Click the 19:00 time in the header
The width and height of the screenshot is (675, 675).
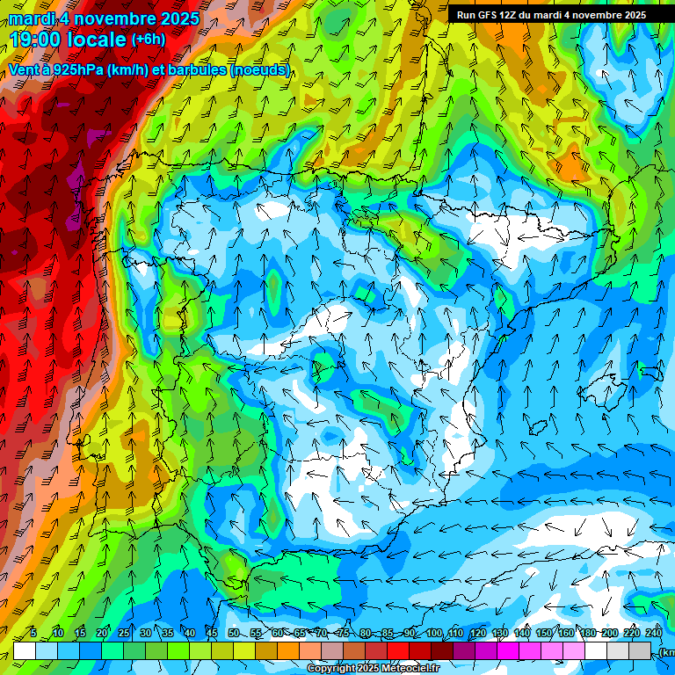(36, 40)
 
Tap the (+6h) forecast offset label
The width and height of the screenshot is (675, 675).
(148, 40)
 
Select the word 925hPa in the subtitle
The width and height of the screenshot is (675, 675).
(76, 70)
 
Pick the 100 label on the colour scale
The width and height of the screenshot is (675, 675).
(434, 633)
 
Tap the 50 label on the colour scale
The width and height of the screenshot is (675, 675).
(233, 633)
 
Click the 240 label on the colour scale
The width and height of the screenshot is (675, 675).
(653, 633)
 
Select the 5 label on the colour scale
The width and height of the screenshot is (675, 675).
(33, 633)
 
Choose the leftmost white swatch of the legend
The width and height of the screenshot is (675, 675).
(25, 650)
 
